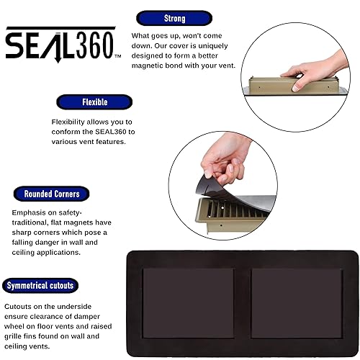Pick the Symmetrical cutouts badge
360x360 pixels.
coord(40,285)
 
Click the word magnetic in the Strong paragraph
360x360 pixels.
coord(151,66)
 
